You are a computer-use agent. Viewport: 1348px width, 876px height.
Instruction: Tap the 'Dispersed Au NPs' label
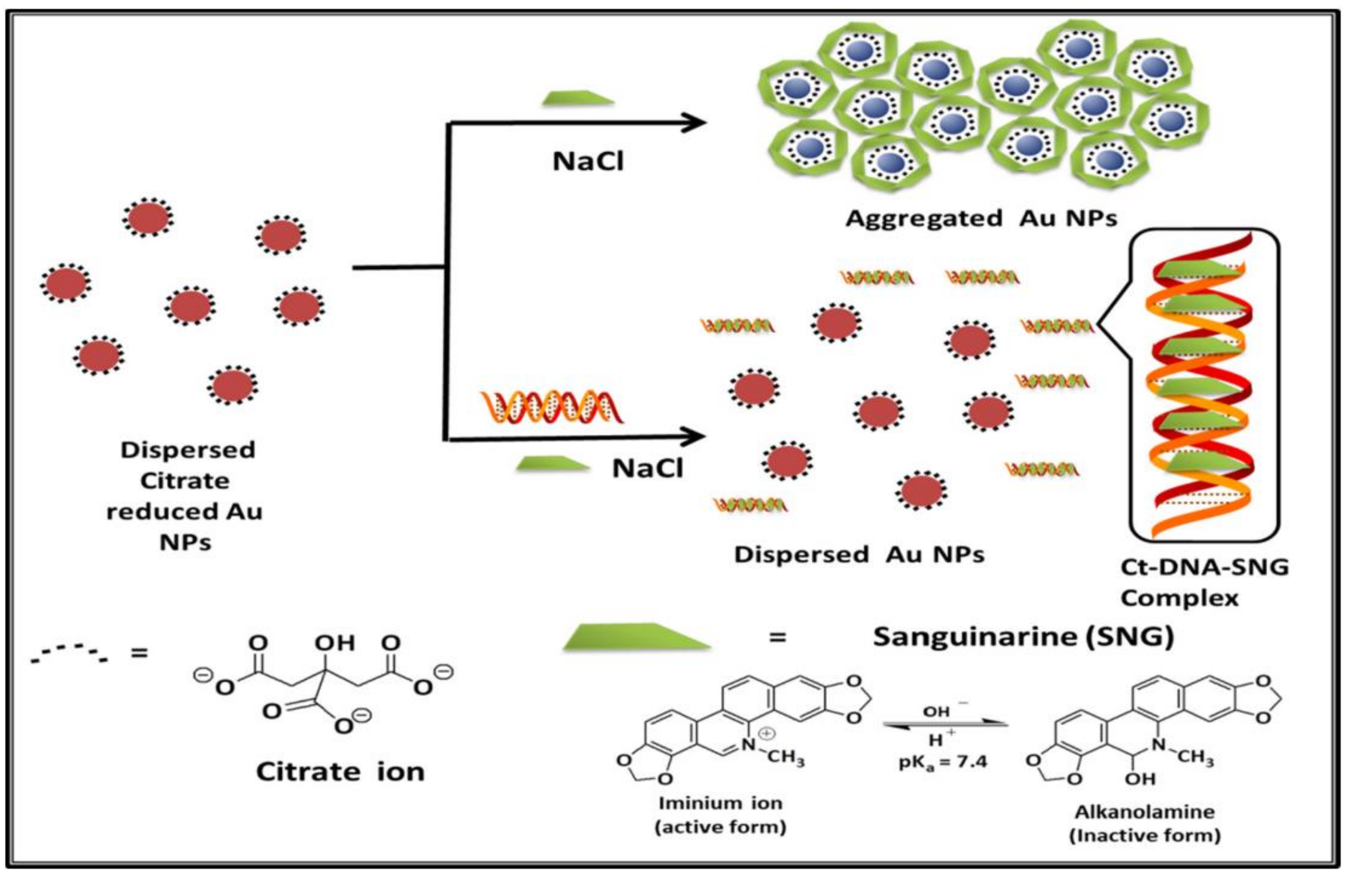click(x=859, y=554)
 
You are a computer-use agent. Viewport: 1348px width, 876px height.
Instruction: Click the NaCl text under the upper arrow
click(x=588, y=162)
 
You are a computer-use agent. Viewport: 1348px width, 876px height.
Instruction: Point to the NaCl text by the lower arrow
click(x=647, y=468)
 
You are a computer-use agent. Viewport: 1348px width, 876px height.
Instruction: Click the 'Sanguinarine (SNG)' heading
click(x=1023, y=636)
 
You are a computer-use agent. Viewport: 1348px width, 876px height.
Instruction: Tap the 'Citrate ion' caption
click(x=340, y=771)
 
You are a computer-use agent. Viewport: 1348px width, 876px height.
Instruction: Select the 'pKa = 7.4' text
click(x=943, y=762)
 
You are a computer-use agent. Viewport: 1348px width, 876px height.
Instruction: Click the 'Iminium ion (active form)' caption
click(x=720, y=815)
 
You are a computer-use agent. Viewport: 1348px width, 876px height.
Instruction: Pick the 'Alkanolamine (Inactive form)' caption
click(x=1145, y=823)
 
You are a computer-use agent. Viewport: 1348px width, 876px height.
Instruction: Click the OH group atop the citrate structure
click(x=334, y=643)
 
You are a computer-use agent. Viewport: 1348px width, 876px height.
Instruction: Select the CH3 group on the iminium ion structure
click(x=785, y=757)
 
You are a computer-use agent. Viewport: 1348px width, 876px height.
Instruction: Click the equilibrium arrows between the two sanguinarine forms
click(x=945, y=724)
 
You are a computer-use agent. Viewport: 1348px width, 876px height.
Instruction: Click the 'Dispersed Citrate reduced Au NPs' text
click(x=185, y=496)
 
